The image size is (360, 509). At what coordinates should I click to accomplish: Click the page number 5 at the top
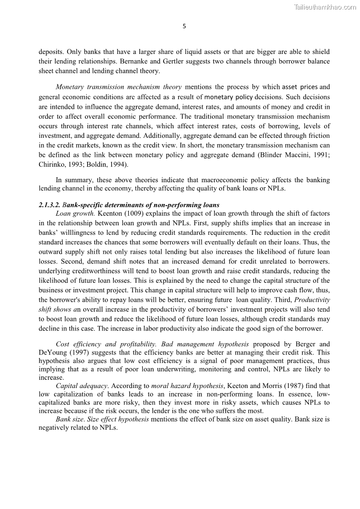point(184,26)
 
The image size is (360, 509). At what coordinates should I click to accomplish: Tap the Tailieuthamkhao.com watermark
point(325,7)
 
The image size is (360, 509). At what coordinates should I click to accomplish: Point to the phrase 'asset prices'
point(300,87)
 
